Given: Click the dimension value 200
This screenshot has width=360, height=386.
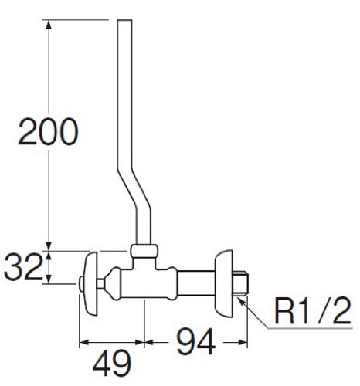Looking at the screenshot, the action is pyautogui.click(x=48, y=131).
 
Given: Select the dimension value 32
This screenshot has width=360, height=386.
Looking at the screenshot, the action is pyautogui.click(x=22, y=267).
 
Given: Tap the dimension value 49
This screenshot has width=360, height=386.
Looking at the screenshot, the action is pyautogui.click(x=112, y=363).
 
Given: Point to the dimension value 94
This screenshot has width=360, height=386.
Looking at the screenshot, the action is pyautogui.click(x=195, y=341).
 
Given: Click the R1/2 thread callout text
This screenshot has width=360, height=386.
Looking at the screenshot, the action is pyautogui.click(x=313, y=310).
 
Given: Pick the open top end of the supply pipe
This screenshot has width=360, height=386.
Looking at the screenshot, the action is pyautogui.click(x=124, y=20).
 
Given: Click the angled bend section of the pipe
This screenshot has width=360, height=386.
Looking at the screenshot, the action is pyautogui.click(x=134, y=191).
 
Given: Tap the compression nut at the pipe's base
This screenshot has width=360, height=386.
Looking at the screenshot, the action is pyautogui.click(x=144, y=251).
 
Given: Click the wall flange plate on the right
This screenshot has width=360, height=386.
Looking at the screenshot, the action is pyautogui.click(x=224, y=283).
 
